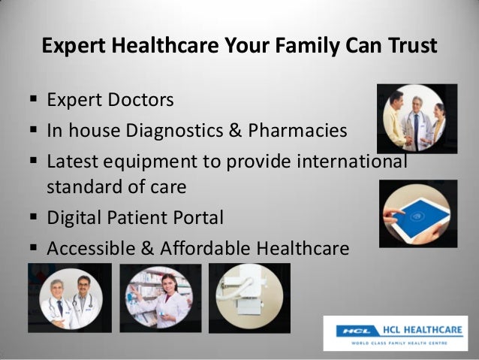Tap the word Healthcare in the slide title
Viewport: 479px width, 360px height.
(151, 47)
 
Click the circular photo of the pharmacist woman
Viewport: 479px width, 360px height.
(161, 298)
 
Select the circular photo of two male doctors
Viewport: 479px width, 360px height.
(69, 298)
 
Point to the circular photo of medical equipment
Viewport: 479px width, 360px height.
(249, 298)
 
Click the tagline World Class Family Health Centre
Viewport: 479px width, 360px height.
(396, 342)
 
